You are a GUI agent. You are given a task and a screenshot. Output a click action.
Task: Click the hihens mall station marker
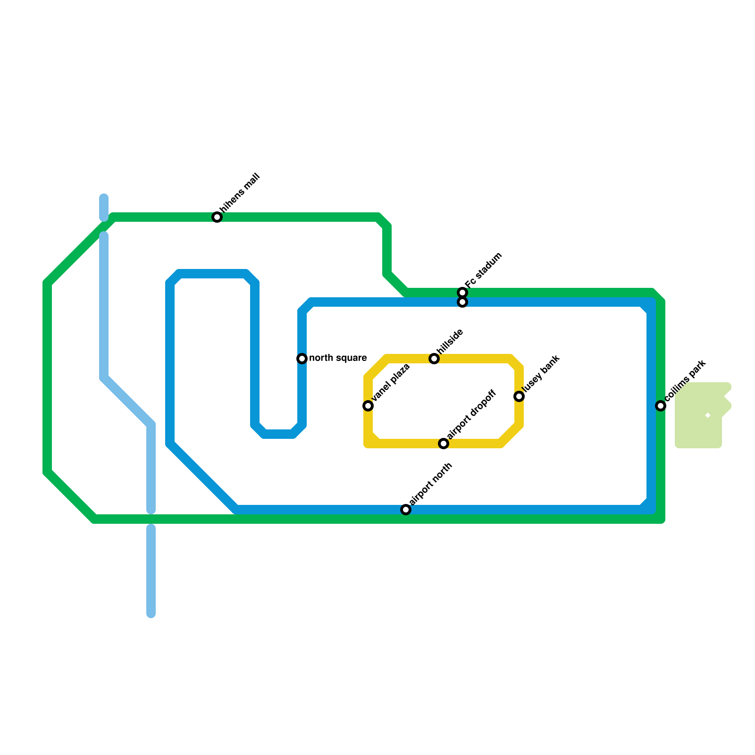tap(217, 217)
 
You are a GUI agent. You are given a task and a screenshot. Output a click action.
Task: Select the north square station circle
tap(302, 359)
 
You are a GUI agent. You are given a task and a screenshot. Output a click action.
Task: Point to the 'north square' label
tap(338, 358)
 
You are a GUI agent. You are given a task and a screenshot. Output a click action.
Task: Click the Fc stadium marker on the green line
tap(462, 293)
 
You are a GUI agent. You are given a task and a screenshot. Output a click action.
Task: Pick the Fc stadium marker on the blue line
tap(462, 302)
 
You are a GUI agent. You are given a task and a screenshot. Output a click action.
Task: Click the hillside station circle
tap(434, 359)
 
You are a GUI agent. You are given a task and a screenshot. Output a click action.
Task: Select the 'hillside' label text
tap(450, 341)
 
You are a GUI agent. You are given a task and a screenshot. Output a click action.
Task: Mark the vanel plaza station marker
tap(368, 406)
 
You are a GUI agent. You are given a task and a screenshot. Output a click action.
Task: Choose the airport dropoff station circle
tap(444, 444)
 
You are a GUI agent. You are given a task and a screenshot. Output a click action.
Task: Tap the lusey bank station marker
tap(519, 396)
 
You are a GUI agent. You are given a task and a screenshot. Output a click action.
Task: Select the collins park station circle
tap(661, 406)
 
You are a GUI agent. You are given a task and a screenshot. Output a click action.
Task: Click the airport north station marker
tap(406, 510)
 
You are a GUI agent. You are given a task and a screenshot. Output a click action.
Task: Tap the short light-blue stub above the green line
tap(104, 207)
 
